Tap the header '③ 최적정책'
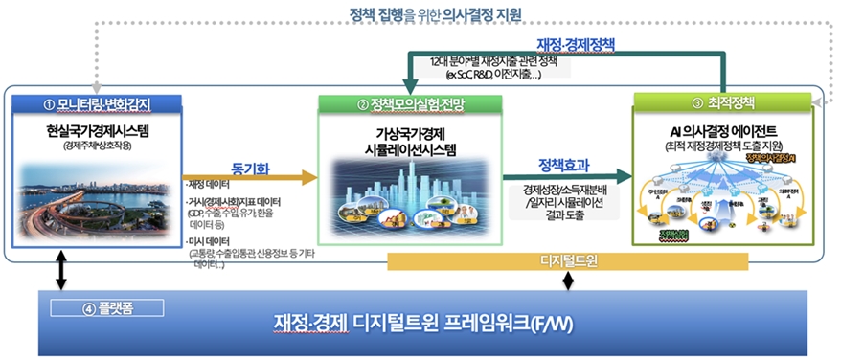tap(725, 102)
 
